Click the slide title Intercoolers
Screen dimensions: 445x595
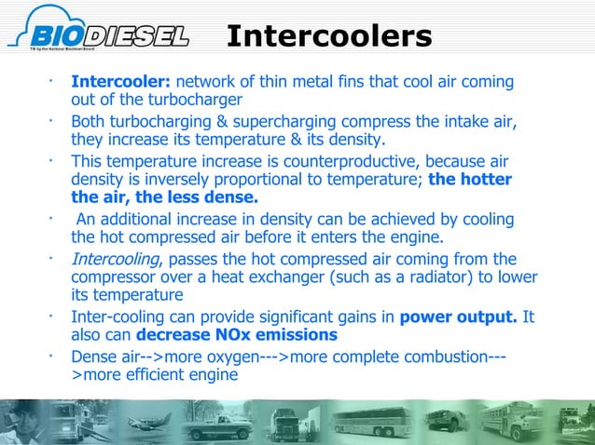(x=329, y=36)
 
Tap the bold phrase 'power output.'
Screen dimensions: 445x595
(x=458, y=317)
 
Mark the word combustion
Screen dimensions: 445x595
(x=436, y=357)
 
